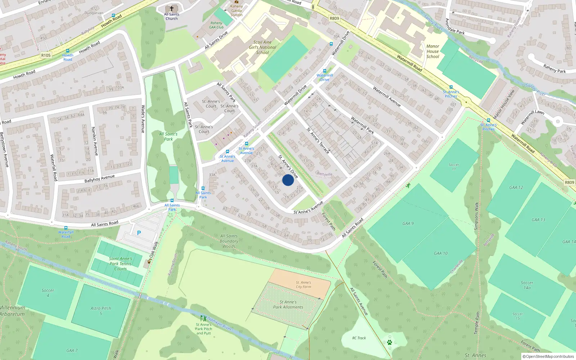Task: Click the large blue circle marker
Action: pos(288,180)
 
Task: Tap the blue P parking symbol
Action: pos(139,233)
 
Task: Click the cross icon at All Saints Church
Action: pos(172,8)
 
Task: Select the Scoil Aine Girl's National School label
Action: pos(262,47)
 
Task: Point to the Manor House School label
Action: pos(433,51)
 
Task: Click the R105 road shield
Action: pos(46,55)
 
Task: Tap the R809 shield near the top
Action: pos(334,18)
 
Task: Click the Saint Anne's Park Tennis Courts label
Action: pos(121,264)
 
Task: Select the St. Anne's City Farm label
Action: pos(303,284)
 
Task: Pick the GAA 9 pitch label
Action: pos(408,224)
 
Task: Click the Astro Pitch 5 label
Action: pos(101,311)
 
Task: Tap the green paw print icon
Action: pos(389,342)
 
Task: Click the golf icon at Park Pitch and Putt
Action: pos(203,318)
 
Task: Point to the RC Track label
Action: pos(359,338)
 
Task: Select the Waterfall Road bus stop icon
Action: pos(66,228)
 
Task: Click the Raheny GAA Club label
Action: pos(216,25)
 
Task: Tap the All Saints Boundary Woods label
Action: pos(229,241)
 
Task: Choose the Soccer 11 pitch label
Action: pos(454,167)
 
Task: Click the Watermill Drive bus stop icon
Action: pos(324,71)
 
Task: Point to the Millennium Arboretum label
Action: pos(12,311)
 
